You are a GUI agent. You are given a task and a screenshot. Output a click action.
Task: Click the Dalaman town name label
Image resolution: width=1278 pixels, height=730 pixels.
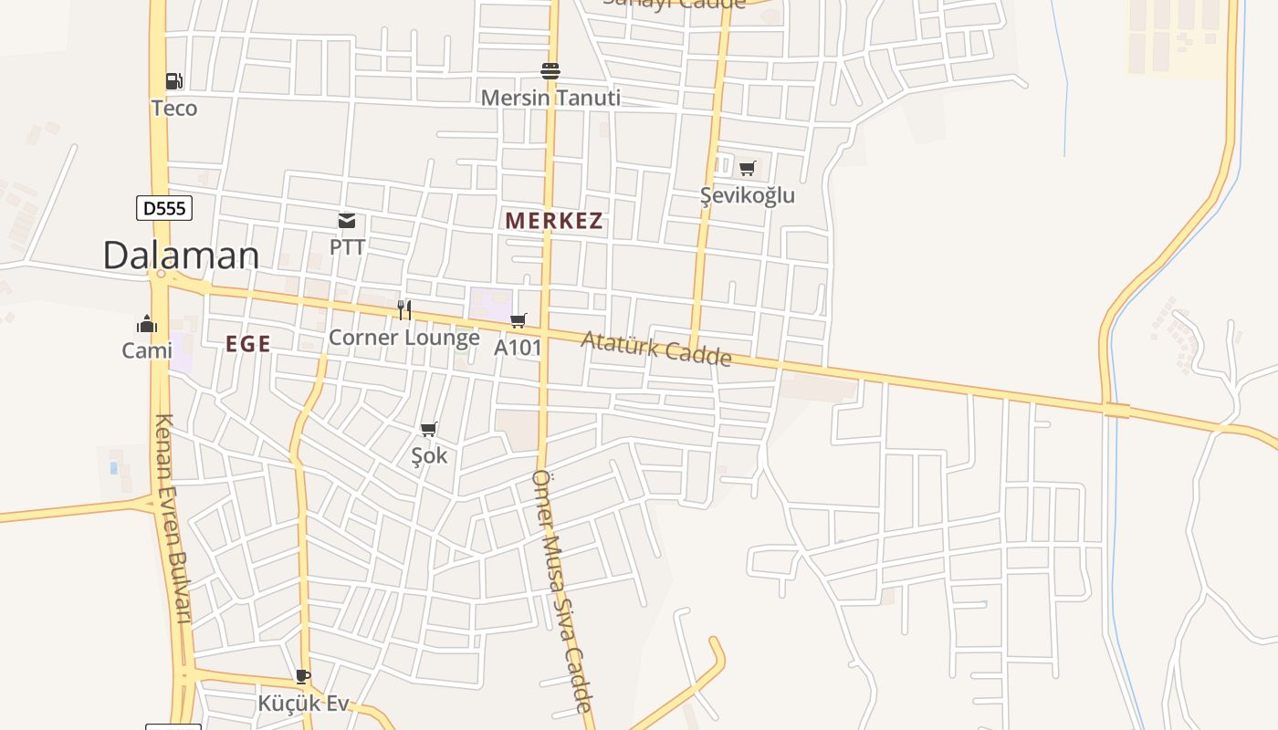tap(181, 255)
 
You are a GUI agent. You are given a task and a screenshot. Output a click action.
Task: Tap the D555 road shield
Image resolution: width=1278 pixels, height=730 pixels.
tap(164, 208)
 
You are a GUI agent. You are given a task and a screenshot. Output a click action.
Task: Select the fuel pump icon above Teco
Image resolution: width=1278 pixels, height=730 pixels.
tap(173, 81)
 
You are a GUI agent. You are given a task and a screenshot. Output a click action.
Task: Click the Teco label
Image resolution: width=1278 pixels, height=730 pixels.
tap(173, 109)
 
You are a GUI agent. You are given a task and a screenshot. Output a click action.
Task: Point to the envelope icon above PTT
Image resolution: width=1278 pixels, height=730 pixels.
tap(347, 220)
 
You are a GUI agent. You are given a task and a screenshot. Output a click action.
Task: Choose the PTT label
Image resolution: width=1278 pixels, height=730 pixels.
tap(347, 247)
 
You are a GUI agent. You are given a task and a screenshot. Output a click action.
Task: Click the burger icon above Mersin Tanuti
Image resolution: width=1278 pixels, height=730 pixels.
tap(550, 70)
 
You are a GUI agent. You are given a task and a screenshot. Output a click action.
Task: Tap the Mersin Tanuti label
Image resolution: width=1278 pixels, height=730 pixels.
tap(550, 98)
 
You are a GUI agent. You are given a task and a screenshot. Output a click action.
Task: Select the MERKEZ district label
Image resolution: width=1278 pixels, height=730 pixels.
tap(554, 221)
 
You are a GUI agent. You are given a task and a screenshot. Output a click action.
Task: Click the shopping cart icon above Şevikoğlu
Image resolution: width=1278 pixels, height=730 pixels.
tap(748, 168)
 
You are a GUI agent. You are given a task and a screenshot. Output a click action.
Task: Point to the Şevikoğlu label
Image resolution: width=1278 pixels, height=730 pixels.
tap(748, 195)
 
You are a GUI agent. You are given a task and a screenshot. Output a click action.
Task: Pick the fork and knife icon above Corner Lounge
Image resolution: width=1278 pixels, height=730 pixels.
tap(404, 310)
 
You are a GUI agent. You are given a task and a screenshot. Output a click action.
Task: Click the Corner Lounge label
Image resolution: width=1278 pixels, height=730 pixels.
tap(404, 338)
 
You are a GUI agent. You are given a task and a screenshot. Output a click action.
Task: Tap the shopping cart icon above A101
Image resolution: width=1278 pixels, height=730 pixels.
tap(519, 320)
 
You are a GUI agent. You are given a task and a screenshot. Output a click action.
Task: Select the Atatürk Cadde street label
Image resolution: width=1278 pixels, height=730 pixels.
tap(656, 348)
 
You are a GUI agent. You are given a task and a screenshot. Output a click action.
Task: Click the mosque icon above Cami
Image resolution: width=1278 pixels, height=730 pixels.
tap(147, 324)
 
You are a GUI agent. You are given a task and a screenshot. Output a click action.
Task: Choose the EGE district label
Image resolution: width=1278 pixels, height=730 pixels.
tap(248, 344)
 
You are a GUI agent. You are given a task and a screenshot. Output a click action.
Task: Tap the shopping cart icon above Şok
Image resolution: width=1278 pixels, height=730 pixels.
tap(429, 429)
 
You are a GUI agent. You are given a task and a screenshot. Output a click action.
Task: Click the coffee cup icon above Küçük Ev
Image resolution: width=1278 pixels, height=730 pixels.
tap(303, 676)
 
